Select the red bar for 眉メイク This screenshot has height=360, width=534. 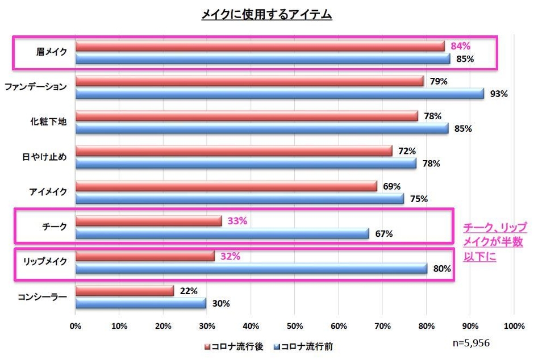point(260,47)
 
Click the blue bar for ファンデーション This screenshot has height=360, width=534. point(279,94)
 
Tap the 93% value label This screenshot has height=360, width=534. point(498,94)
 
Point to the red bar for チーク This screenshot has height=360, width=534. point(148,221)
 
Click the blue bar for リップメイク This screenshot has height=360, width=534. point(251,269)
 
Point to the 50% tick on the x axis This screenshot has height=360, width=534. point(294,326)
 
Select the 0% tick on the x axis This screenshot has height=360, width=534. point(75,326)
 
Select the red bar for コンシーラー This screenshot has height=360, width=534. point(124,291)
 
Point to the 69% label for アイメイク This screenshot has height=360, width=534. point(391,186)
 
